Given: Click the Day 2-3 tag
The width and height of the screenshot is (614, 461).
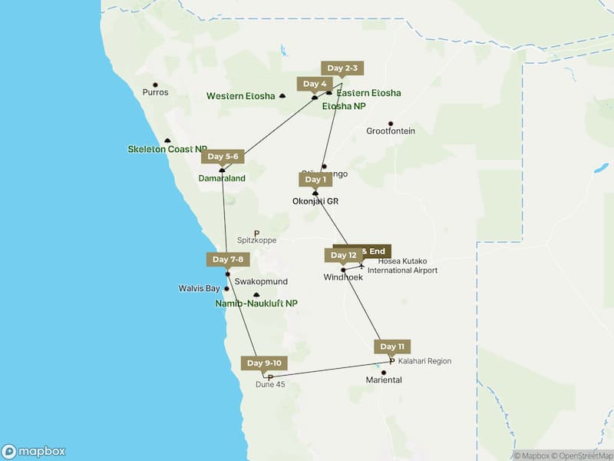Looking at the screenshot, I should pyautogui.click(x=342, y=68).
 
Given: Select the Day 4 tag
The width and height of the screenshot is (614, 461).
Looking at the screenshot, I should pyautogui.click(x=315, y=84).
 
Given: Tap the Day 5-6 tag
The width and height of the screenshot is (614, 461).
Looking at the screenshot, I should pyautogui.click(x=223, y=157).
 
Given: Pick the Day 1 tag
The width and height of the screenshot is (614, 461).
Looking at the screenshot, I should pyautogui.click(x=315, y=180).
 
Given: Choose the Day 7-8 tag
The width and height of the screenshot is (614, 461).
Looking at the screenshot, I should pyautogui.click(x=228, y=260).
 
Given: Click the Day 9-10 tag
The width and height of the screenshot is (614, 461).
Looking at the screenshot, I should pyautogui.click(x=265, y=363).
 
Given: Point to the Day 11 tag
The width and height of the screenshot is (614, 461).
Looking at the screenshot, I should pyautogui.click(x=391, y=347).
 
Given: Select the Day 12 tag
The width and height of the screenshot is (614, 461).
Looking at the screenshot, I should pyautogui.click(x=343, y=255).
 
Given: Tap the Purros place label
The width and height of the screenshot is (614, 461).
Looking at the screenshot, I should pyautogui.click(x=155, y=92).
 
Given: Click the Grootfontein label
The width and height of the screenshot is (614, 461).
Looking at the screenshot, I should pyautogui.click(x=391, y=131).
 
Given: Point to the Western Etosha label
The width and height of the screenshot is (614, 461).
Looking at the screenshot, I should pyautogui.click(x=240, y=96).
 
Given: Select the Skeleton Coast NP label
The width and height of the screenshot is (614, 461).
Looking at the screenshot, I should pyautogui.click(x=167, y=149).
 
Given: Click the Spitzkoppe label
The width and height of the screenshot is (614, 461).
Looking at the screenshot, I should pyautogui.click(x=256, y=240).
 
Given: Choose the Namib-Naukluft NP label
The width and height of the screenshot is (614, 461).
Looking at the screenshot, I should pyautogui.click(x=256, y=304).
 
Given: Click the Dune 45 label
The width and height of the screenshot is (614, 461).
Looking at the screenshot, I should pyautogui.click(x=270, y=384).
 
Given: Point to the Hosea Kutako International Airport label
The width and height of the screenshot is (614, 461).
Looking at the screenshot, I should pyautogui.click(x=402, y=266).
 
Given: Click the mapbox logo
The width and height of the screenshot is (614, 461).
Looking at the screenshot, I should pyautogui.click(x=34, y=452).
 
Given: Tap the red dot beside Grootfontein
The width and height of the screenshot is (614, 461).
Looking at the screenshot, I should pyautogui.click(x=391, y=123).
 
